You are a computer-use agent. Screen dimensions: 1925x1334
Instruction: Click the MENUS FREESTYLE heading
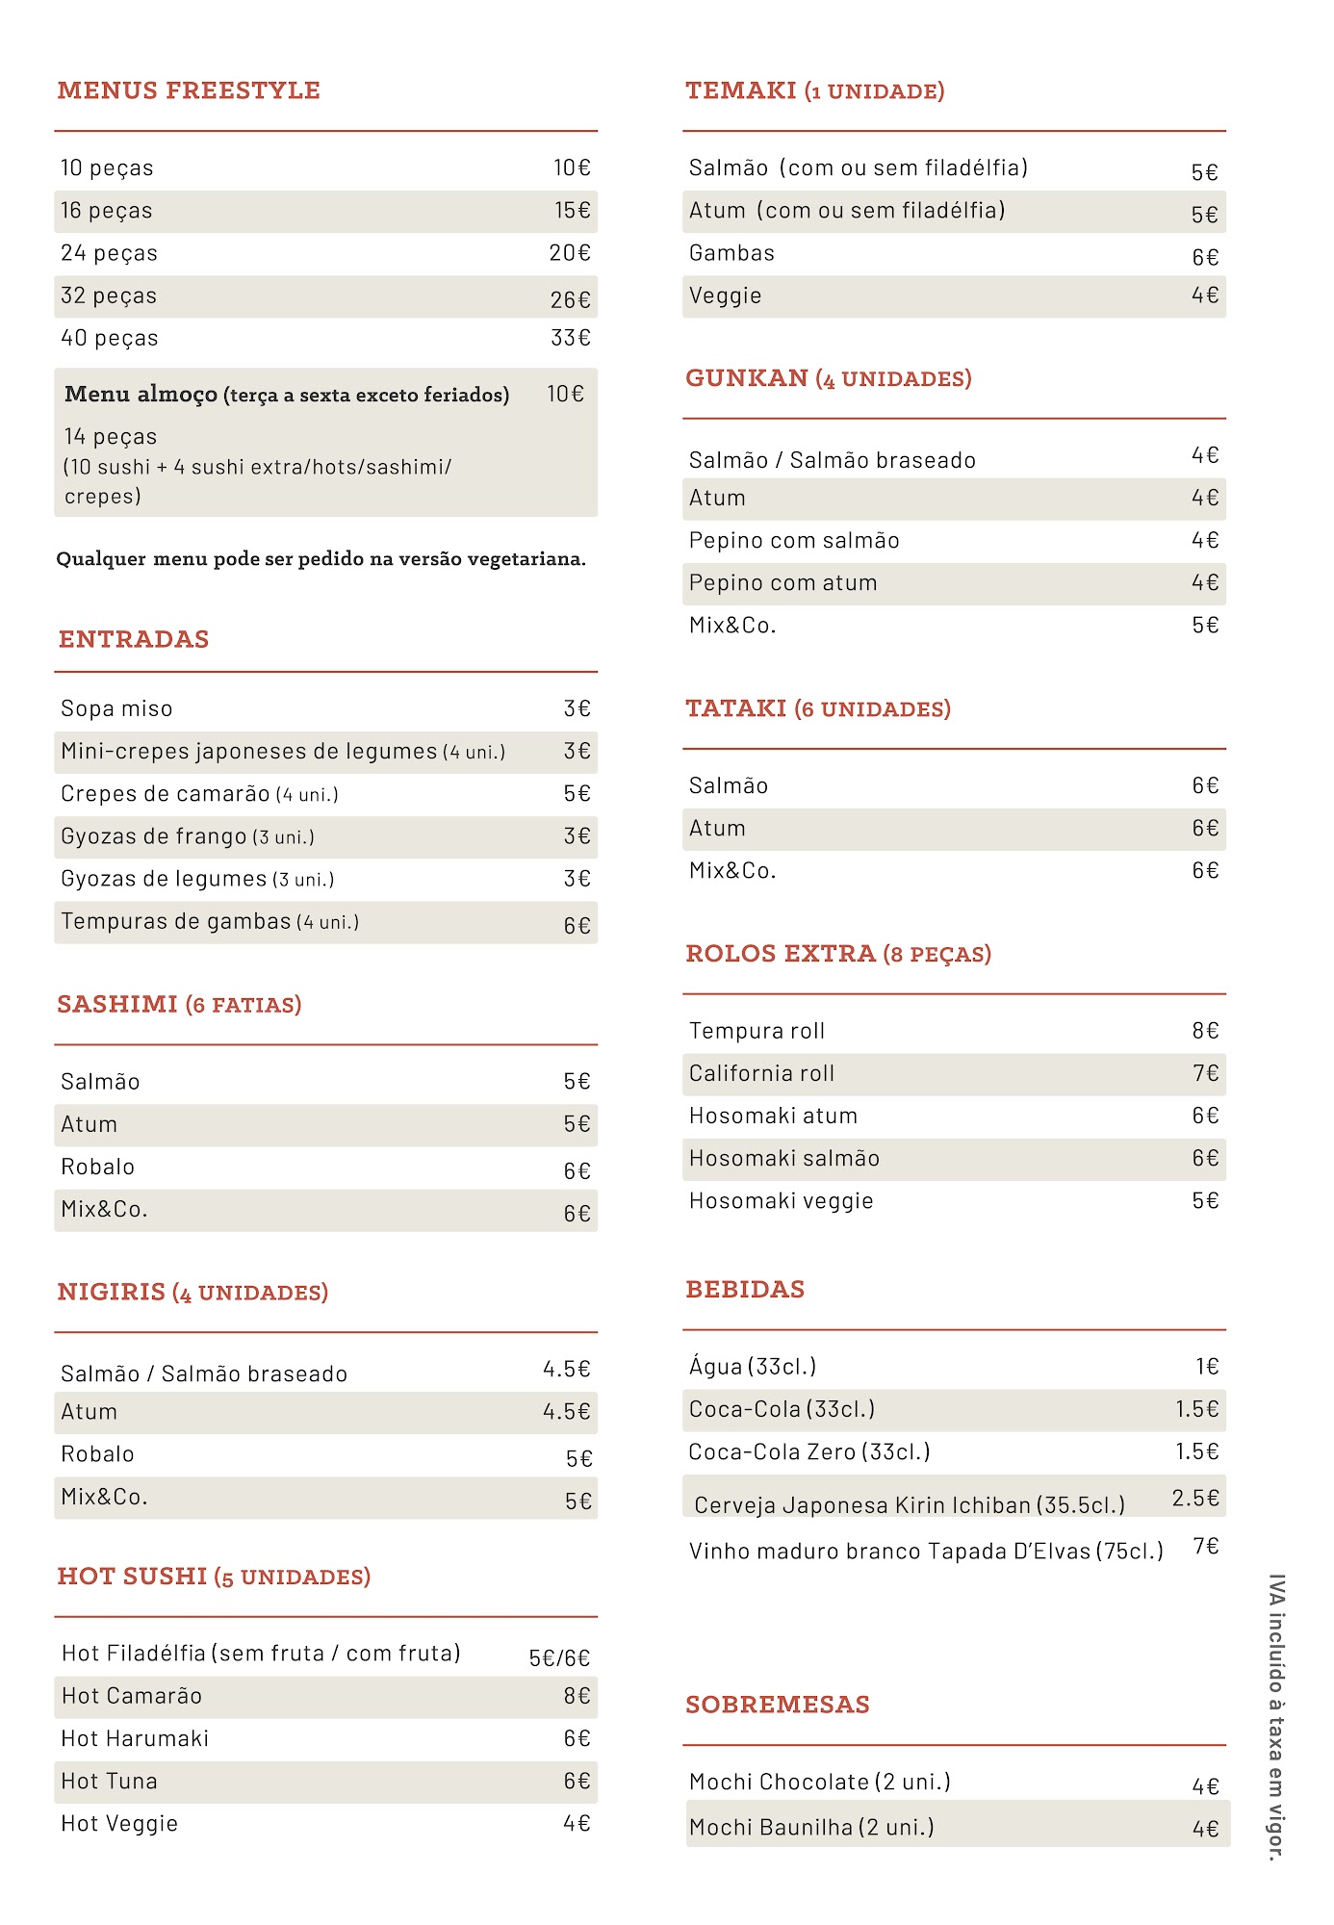(x=189, y=90)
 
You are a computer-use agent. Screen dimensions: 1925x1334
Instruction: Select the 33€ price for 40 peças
(x=570, y=338)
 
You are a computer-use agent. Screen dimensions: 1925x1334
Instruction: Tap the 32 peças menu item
(x=109, y=295)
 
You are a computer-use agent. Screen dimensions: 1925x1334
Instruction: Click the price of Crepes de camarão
(x=577, y=793)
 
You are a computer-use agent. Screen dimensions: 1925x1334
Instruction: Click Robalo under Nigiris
(x=97, y=1453)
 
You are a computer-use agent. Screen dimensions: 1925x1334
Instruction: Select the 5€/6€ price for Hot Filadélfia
(x=559, y=1657)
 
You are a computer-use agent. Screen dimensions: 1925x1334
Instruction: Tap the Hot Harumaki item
(x=135, y=1738)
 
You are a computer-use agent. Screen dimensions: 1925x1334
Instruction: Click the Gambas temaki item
(x=731, y=253)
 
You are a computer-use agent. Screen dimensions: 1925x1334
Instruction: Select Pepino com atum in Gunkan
(x=782, y=582)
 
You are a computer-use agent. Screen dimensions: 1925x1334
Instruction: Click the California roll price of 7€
(x=1205, y=1073)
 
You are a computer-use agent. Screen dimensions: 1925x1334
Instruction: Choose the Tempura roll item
(x=757, y=1031)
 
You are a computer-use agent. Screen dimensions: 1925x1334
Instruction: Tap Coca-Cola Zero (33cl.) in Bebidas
(x=809, y=1451)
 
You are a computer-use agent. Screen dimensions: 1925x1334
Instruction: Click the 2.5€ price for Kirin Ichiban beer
(x=1195, y=1498)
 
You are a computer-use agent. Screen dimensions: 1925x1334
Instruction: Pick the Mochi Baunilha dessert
(x=811, y=1827)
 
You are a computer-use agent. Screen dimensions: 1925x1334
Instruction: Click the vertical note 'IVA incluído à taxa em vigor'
(x=1276, y=1717)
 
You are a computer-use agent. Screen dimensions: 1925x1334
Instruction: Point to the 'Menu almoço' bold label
(x=141, y=395)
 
